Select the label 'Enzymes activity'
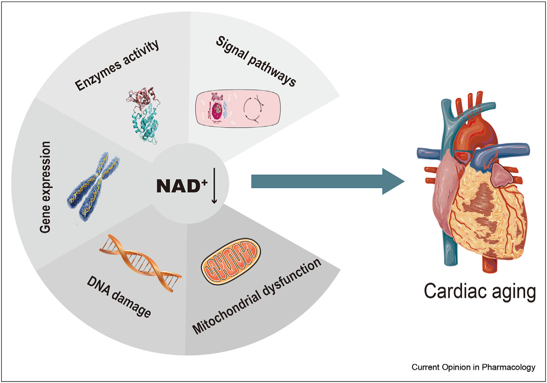click(x=117, y=66)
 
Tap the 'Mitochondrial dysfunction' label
click(x=256, y=297)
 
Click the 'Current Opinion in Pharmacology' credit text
click(x=473, y=367)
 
